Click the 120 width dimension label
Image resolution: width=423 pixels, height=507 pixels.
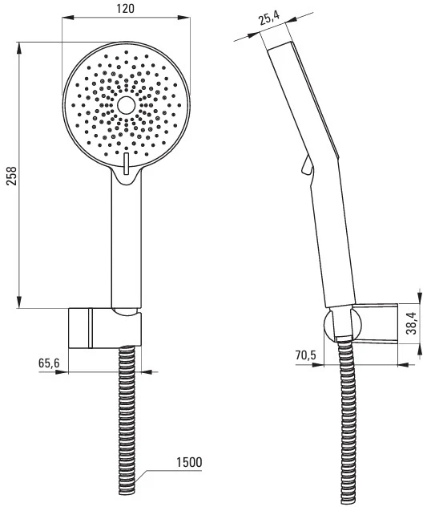125,8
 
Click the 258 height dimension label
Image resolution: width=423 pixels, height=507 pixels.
11,175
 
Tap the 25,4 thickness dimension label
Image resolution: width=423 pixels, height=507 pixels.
269,18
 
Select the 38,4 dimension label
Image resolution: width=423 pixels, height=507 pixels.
411,324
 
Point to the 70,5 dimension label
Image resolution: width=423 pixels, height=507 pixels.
305,355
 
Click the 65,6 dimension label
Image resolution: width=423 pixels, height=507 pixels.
49,363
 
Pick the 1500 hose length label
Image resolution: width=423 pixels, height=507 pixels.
189,462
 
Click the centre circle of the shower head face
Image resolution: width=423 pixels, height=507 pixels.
126,105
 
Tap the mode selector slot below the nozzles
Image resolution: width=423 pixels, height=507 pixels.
126,164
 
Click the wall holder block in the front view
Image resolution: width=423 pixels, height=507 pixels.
105,328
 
